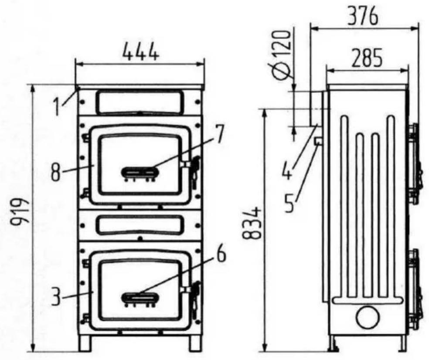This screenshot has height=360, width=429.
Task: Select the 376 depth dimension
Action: (x=363, y=17)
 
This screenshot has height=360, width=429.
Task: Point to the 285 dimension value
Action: (x=367, y=58)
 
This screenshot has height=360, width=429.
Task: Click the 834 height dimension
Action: (x=252, y=223)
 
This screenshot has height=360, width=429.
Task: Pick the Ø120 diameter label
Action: (x=282, y=54)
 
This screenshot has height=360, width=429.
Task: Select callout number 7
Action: (x=219, y=134)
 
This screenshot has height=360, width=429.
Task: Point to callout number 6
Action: (x=221, y=254)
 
